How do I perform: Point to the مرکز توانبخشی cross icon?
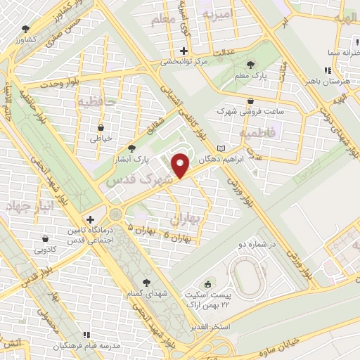[184, 51]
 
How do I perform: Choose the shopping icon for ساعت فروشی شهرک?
[251, 101]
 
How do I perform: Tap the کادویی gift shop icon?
[44, 238]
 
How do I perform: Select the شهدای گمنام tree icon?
[146, 282]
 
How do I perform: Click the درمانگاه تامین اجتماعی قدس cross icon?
[89, 219]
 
